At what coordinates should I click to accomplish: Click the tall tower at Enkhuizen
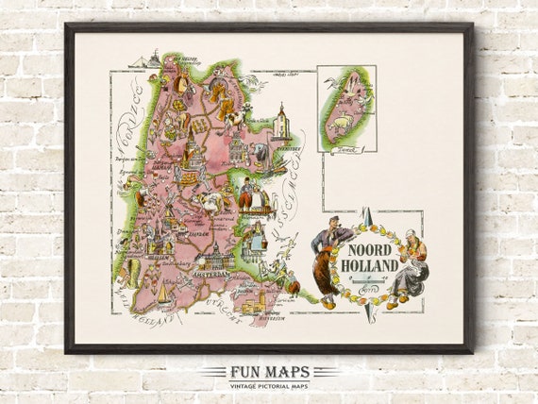click(x=280, y=122)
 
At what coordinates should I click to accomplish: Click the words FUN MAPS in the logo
click(x=268, y=371)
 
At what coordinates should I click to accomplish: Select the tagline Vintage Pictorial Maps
click(x=269, y=386)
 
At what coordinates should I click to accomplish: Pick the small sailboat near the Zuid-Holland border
click(x=162, y=295)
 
